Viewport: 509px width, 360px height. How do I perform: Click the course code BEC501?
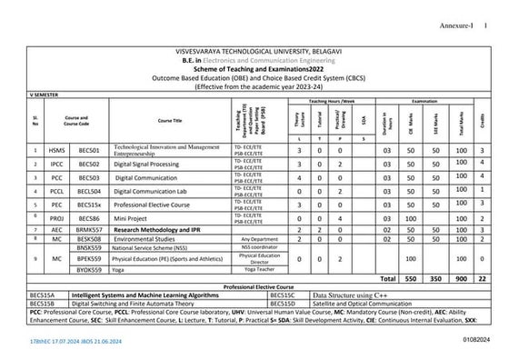(89, 150)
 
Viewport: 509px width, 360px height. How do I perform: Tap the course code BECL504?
(90, 192)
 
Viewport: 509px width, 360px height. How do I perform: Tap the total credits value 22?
(483, 277)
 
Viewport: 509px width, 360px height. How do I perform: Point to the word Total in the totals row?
(387, 277)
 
